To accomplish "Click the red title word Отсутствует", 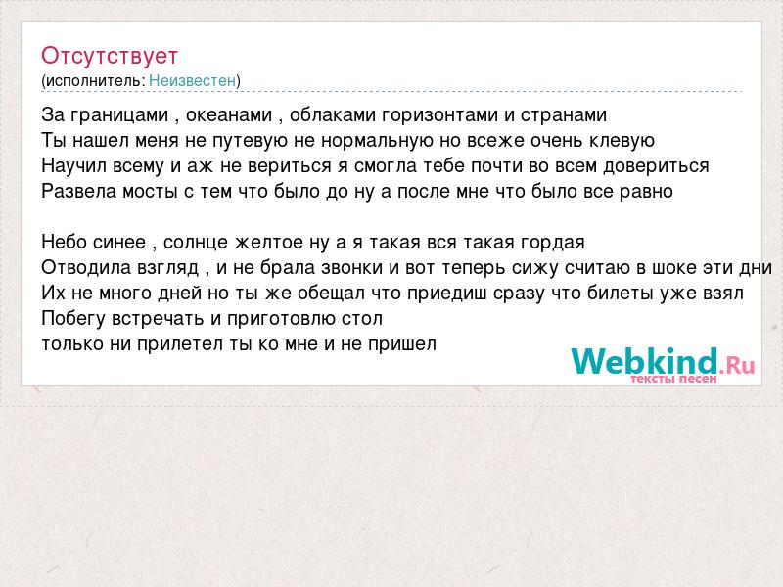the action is pyautogui.click(x=110, y=56).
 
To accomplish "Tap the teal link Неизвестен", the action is pyautogui.click(x=192, y=81).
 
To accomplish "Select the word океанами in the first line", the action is pyautogui.click(x=229, y=115).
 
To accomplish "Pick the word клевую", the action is pyautogui.click(x=622, y=141).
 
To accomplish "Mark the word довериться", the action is pyautogui.click(x=656, y=166).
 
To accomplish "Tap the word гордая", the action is pyautogui.click(x=552, y=243).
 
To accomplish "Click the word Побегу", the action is pyautogui.click(x=73, y=319).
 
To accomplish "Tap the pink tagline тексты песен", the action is pyautogui.click(x=673, y=379).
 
